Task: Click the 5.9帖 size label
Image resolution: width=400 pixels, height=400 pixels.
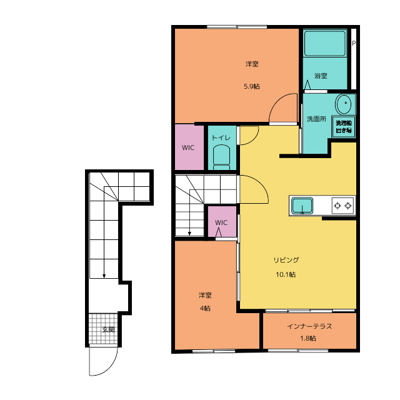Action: tap(252, 86)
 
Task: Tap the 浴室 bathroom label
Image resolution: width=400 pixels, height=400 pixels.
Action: tap(321, 76)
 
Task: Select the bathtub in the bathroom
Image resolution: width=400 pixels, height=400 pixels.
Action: tap(325, 43)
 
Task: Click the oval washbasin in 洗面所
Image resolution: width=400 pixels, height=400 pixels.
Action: tap(343, 104)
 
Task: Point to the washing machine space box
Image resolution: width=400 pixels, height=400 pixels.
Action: tap(343, 126)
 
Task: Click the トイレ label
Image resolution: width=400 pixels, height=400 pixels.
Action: tap(221, 137)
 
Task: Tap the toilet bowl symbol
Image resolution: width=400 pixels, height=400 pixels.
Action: tap(221, 157)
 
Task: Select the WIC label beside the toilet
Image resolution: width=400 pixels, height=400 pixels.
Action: tap(188, 147)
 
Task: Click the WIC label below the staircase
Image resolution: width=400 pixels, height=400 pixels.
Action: tap(221, 222)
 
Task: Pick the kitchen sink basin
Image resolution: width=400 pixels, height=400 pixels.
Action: tap(302, 206)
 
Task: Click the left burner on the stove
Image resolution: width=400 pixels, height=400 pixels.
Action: tap(337, 206)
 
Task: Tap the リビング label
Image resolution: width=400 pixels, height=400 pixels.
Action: tap(286, 260)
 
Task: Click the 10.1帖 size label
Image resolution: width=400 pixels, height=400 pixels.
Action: tap(286, 274)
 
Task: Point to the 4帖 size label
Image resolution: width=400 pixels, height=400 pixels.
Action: tap(205, 308)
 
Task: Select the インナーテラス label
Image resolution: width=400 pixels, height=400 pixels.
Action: tap(309, 326)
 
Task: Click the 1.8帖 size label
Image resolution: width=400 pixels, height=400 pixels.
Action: tap(308, 339)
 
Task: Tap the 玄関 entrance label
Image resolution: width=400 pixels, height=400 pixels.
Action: tap(108, 329)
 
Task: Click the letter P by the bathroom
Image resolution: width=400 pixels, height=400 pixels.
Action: tap(354, 43)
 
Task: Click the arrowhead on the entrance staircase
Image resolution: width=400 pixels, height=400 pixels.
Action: tap(104, 276)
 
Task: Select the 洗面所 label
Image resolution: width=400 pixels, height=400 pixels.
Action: tap(316, 119)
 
